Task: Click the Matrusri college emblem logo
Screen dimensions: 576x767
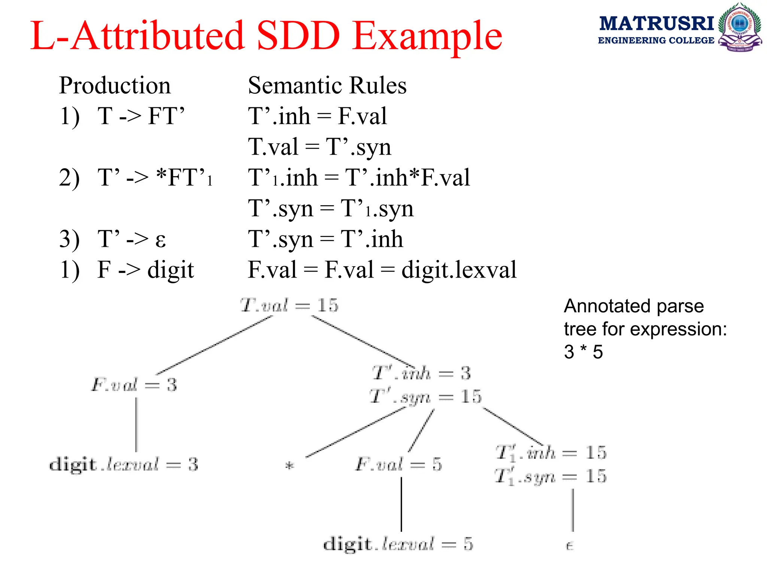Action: tap(740, 27)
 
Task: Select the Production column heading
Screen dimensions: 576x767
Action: tap(115, 85)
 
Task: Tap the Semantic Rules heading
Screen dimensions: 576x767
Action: tap(327, 85)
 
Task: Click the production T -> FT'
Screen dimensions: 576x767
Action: tap(141, 116)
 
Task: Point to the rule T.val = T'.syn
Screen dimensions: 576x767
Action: tap(319, 147)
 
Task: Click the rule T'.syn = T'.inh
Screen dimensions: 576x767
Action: tap(325, 239)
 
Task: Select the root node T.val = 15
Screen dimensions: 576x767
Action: tap(289, 305)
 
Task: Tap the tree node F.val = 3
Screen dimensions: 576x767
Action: tap(134, 385)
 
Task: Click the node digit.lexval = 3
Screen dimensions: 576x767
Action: tap(124, 464)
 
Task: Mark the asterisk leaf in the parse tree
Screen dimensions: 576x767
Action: tap(289, 466)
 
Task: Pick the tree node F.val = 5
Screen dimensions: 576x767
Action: tap(399, 464)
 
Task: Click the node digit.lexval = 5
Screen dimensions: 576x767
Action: tap(398, 544)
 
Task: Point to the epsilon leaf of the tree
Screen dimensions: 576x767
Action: tap(569, 546)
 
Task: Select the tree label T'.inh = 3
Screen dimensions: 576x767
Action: tap(421, 373)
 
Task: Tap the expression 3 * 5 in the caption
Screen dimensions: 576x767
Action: tap(583, 352)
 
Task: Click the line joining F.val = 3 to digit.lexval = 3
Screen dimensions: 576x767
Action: tap(136, 424)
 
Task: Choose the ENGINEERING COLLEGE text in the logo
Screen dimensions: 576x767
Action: tap(656, 40)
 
